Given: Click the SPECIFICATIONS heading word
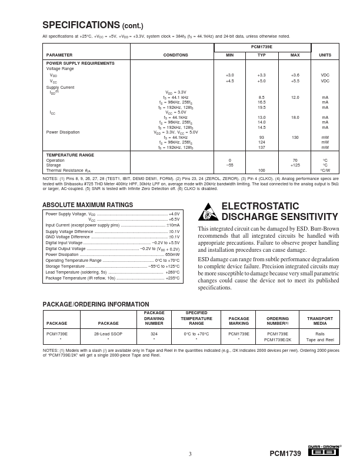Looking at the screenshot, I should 81,25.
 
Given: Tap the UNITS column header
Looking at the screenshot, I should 325,55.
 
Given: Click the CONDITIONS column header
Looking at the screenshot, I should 172,55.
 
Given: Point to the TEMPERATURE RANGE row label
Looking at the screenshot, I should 70,155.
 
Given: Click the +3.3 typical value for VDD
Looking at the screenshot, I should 261,75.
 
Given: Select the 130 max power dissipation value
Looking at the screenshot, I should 295,137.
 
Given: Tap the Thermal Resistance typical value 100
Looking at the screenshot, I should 261,170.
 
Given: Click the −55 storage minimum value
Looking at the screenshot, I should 230,165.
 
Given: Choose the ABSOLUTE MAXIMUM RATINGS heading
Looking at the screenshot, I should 88,205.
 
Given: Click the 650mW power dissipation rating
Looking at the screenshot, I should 172,254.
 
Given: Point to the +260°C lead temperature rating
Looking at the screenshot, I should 172,272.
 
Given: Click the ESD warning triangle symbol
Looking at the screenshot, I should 208,212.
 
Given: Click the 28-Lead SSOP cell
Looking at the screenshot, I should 108,334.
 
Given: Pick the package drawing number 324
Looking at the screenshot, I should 154,334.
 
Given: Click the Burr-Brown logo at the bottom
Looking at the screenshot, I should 324,452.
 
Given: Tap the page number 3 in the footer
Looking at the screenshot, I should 190,454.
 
